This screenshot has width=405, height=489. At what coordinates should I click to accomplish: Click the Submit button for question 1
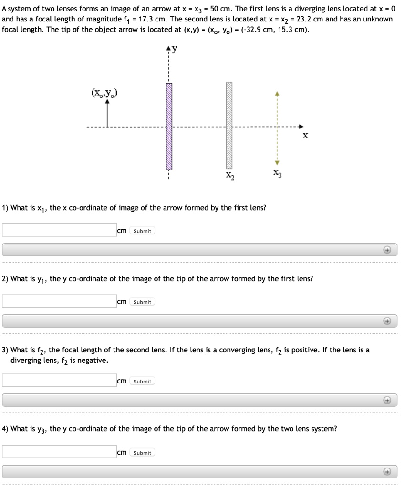pyautogui.click(x=142, y=231)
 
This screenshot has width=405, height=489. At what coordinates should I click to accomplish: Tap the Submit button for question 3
pyautogui.click(x=142, y=381)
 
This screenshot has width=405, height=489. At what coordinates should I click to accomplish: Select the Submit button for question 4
pyautogui.click(x=142, y=453)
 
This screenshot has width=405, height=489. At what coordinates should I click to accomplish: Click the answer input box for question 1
pyautogui.click(x=59, y=230)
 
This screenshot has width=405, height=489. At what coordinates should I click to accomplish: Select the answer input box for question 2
pyautogui.click(x=59, y=301)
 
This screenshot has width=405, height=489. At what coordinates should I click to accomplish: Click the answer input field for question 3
pyautogui.click(x=59, y=381)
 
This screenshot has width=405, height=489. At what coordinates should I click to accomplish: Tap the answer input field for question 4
pyautogui.click(x=59, y=452)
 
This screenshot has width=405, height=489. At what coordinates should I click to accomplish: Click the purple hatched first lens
pyautogui.click(x=169, y=127)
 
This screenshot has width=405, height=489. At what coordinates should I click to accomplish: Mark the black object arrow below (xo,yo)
pyautogui.click(x=107, y=115)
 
